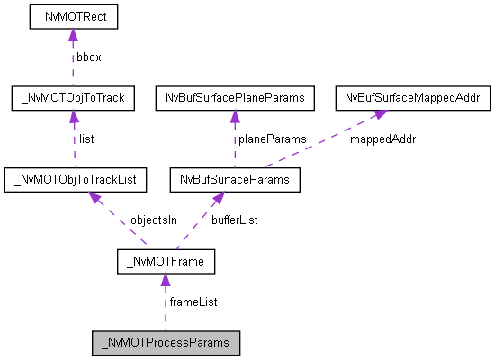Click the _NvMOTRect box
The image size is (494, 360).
point(72,16)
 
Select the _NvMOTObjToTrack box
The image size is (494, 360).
point(72,98)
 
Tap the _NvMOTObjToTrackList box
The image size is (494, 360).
point(75,180)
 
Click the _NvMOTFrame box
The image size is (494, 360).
point(165,262)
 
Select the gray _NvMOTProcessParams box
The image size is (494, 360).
point(166,343)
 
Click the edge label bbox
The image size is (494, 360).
point(89,57)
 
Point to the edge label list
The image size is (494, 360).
point(86,139)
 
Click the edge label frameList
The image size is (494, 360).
point(193,301)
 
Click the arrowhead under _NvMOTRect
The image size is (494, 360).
point(72,35)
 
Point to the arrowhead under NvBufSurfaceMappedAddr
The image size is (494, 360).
point(377,114)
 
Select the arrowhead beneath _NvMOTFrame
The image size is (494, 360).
point(165,281)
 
